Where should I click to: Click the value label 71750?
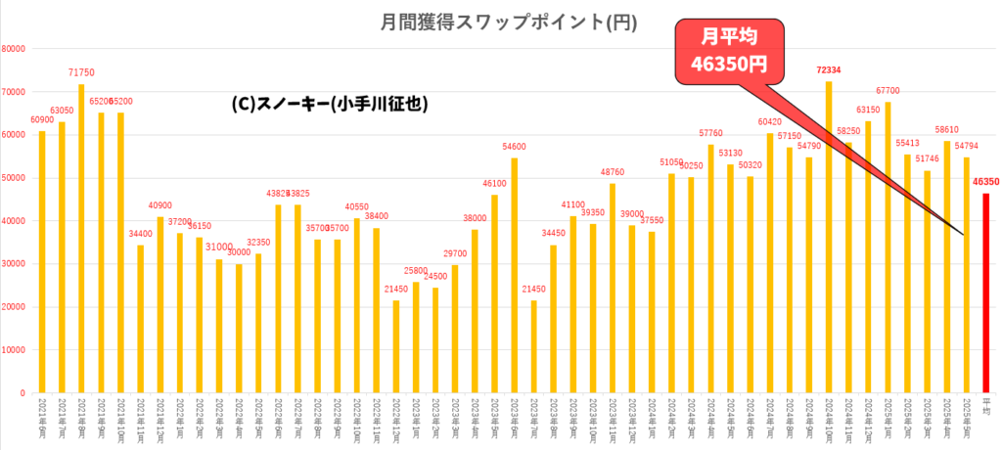[81, 73]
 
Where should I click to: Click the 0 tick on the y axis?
[22, 393]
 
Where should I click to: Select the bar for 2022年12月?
[395, 347]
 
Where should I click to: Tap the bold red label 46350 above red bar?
[986, 182]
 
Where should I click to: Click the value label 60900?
[42, 120]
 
